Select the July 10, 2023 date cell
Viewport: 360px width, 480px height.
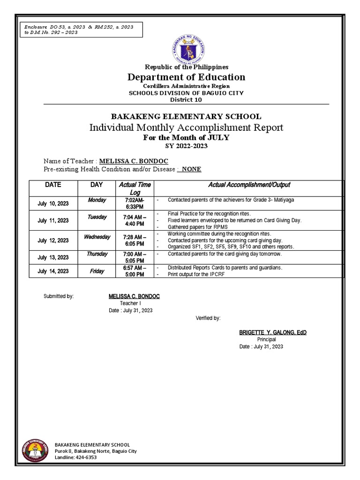click(x=53, y=203)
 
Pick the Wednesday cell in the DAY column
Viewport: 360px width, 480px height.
click(x=97, y=237)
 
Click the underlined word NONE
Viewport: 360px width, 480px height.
click(x=191, y=169)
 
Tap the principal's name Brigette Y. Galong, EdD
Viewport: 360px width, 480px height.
click(x=273, y=332)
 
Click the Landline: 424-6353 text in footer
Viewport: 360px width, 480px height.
click(x=76, y=457)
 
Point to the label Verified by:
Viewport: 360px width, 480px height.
click(x=208, y=318)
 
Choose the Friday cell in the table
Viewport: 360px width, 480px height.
click(x=97, y=271)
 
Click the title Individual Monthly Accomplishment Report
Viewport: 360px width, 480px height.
click(x=187, y=127)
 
